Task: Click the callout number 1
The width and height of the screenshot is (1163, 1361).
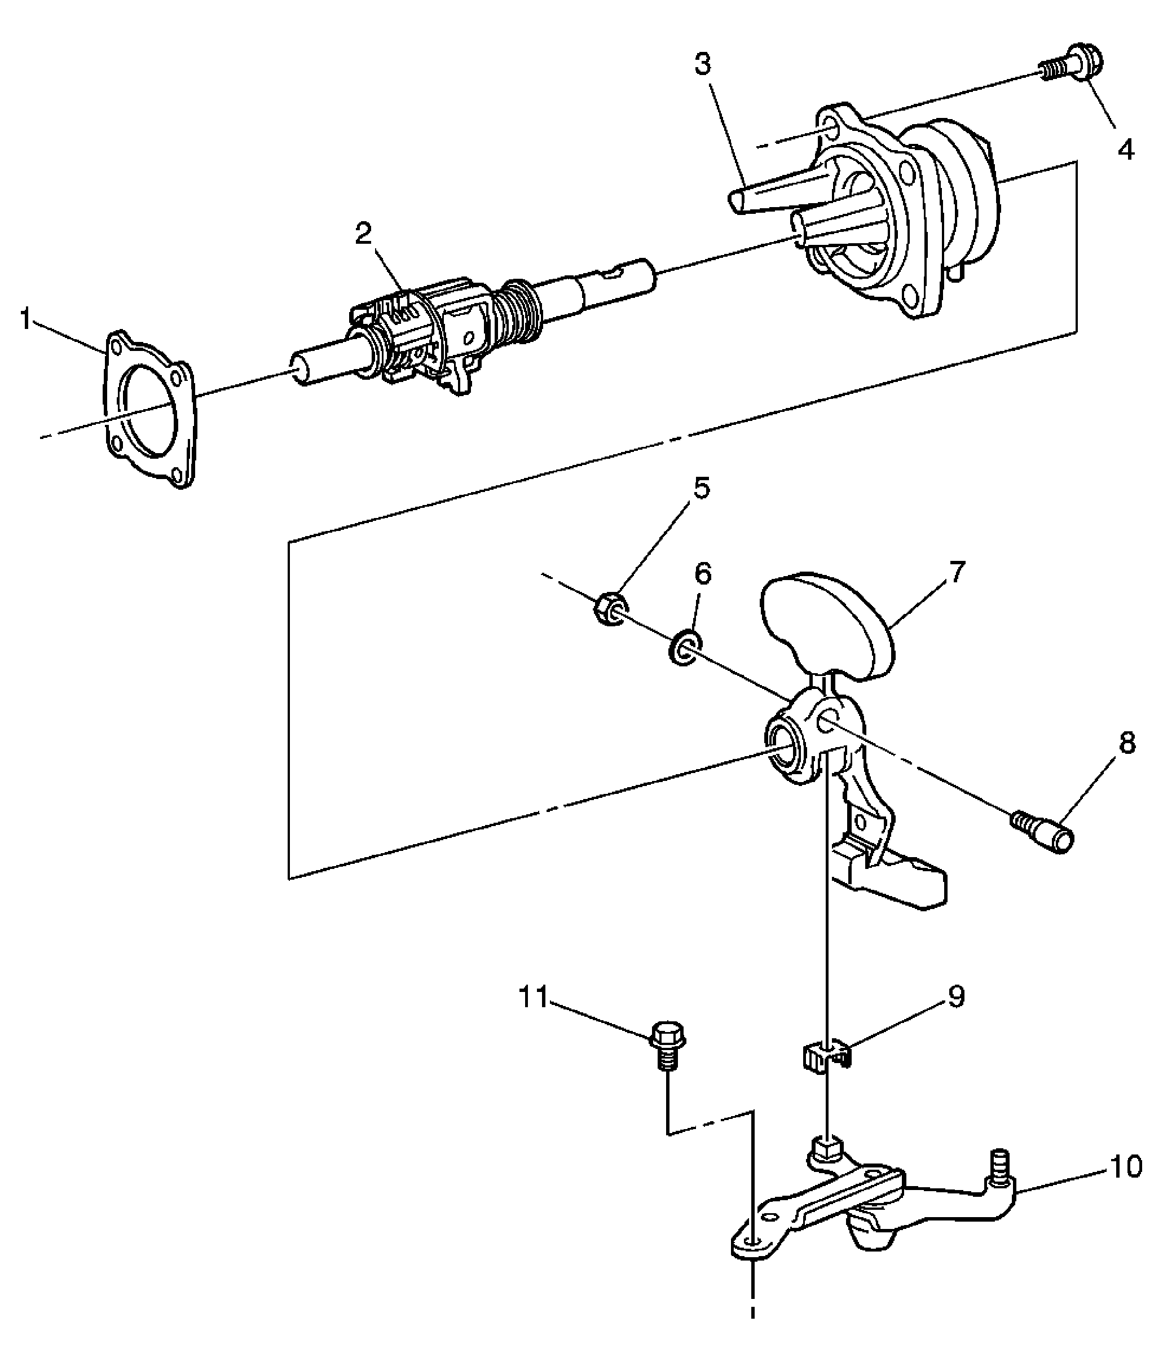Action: (x=25, y=321)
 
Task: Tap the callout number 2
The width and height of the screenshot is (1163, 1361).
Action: (x=363, y=233)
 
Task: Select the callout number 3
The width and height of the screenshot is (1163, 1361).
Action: (x=703, y=64)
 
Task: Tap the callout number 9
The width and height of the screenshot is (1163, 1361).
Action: (x=955, y=996)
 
